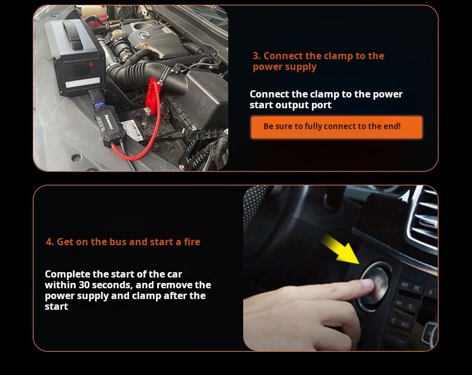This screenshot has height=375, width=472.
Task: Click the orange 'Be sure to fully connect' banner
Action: point(336,127)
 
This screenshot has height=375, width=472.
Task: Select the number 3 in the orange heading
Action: point(256,56)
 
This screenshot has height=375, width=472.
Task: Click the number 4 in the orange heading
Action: point(49,242)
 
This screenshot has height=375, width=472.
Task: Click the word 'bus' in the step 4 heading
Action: point(118,242)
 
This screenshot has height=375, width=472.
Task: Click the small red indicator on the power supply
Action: point(91,64)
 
